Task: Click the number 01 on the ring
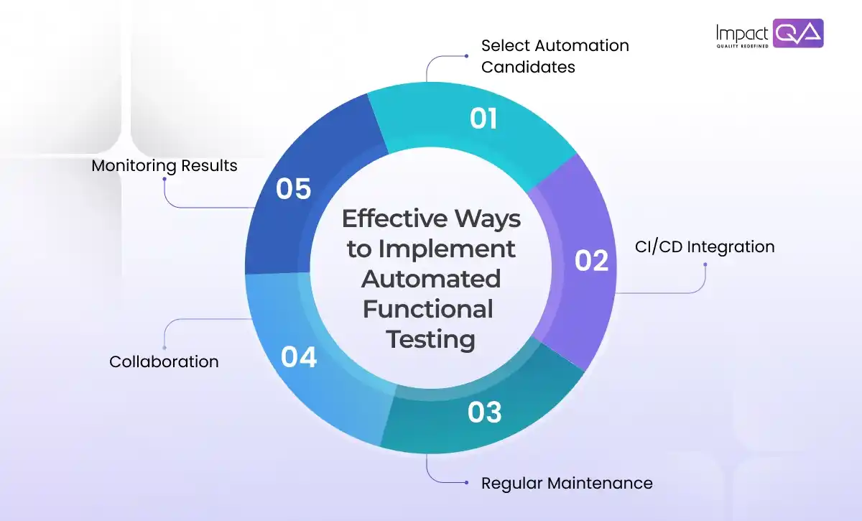(x=483, y=119)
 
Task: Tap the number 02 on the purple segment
(x=592, y=261)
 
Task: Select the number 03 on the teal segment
(x=484, y=412)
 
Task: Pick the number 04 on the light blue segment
(x=299, y=357)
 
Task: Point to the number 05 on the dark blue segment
(x=294, y=189)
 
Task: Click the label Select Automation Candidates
(x=555, y=56)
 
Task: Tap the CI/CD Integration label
(x=705, y=247)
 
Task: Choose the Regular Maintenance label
(x=567, y=483)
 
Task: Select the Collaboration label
(x=164, y=361)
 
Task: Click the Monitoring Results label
(x=164, y=166)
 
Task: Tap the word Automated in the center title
(x=431, y=279)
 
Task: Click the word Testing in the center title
(x=431, y=338)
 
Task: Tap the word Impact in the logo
(x=742, y=32)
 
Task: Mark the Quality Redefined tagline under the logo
(x=742, y=46)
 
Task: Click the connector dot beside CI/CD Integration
(x=705, y=264)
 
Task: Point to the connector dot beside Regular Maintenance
(x=465, y=483)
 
